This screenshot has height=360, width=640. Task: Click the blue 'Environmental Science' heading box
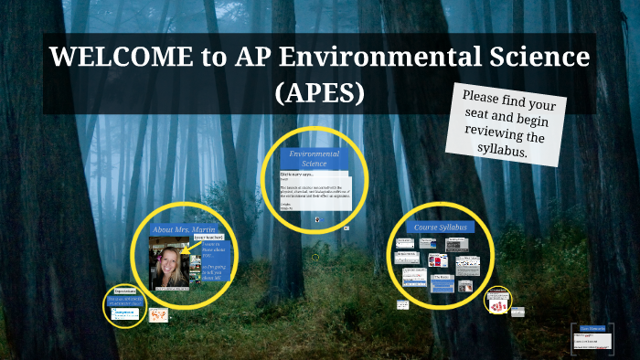coord(314,158)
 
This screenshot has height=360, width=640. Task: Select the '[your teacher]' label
coord(208,238)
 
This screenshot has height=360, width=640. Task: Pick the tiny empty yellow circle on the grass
coord(315,258)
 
